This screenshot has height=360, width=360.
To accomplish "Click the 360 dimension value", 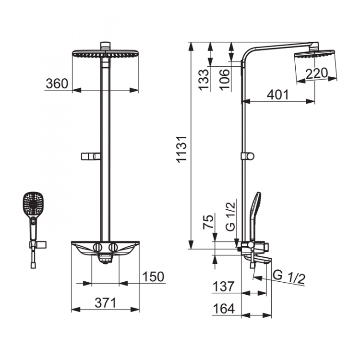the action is (x=57, y=84).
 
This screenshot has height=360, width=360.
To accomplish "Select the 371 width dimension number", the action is (x=106, y=303).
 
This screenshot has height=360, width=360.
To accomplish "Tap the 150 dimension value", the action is (x=154, y=276).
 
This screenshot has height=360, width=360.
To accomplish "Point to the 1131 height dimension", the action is (x=182, y=149).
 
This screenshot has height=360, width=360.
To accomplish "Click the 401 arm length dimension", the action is (x=277, y=95).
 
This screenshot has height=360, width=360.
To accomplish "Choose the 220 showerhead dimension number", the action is (x=316, y=73).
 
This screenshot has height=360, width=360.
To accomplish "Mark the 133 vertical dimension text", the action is (x=204, y=80).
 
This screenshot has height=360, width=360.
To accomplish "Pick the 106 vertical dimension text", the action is (x=224, y=79).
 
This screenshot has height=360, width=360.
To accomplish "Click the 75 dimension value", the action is (x=208, y=222).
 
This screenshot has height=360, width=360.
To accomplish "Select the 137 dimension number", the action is (x=224, y=286).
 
